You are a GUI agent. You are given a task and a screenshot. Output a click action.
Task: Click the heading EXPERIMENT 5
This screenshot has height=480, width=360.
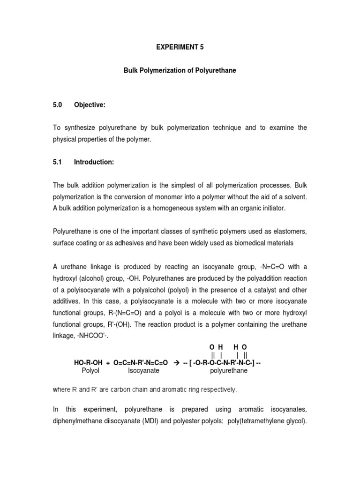coord(180,47)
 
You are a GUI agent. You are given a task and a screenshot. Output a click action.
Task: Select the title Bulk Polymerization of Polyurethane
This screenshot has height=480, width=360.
coord(180,70)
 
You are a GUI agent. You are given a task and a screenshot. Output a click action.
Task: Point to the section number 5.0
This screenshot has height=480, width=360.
coord(58,105)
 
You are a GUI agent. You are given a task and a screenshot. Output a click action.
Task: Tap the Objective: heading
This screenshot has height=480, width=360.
coord(90,105)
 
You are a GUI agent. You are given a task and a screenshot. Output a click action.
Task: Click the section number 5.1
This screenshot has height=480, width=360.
coord(58,162)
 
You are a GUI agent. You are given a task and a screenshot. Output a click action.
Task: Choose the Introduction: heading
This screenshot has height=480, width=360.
coord(94,162)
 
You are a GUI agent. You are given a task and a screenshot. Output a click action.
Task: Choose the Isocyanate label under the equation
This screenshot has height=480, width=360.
coord(143,370)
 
